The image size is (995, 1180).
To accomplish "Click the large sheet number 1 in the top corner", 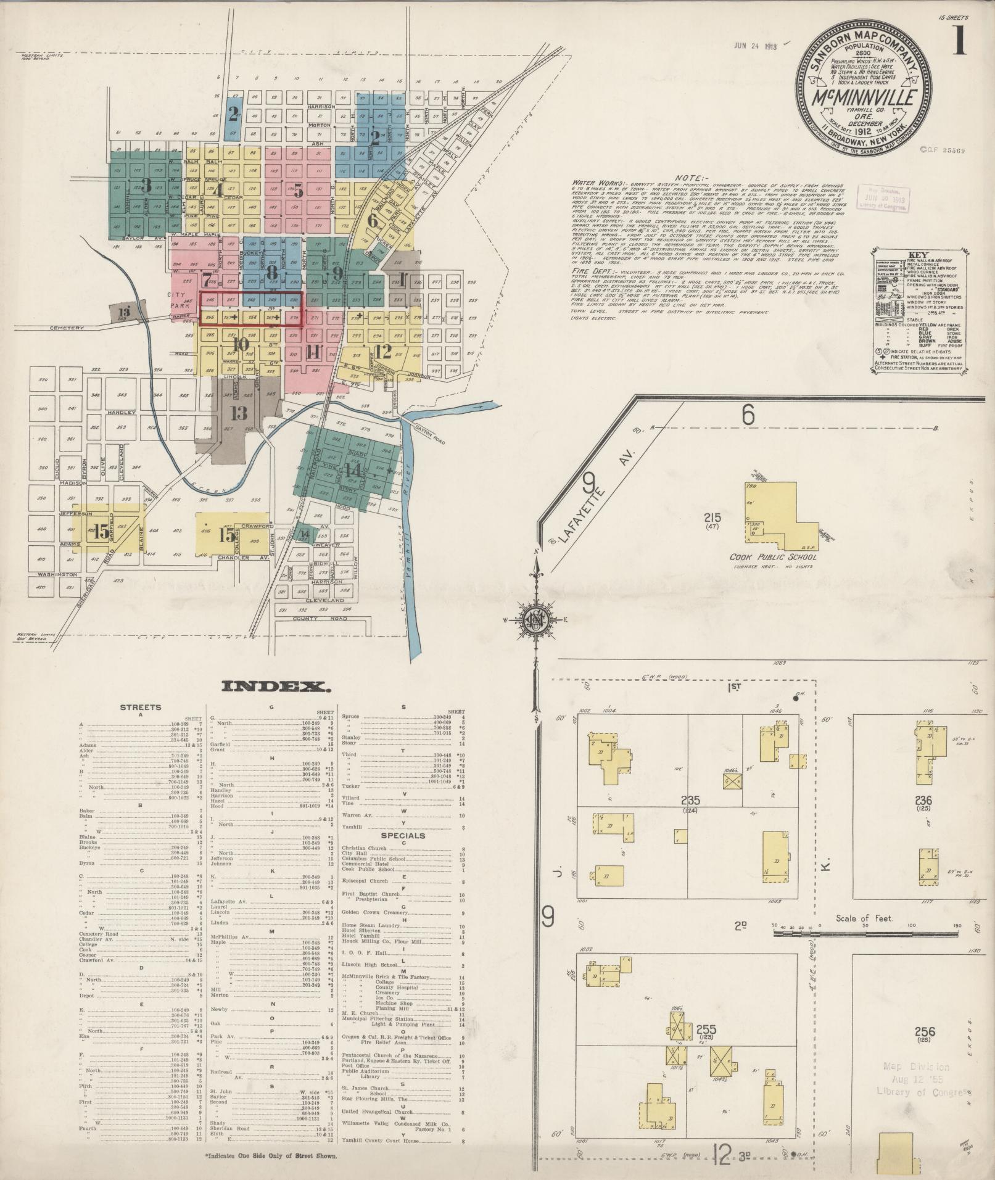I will pos(958,43).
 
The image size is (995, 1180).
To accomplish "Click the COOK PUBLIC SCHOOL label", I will pos(773,557).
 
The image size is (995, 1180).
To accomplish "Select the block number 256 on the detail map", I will pos(925,1031).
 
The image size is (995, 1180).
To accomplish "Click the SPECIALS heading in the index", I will pos(403,836).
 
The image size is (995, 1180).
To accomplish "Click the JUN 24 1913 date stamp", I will pos(755,45).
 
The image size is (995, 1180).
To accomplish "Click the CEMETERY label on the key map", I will pos(68,328).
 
